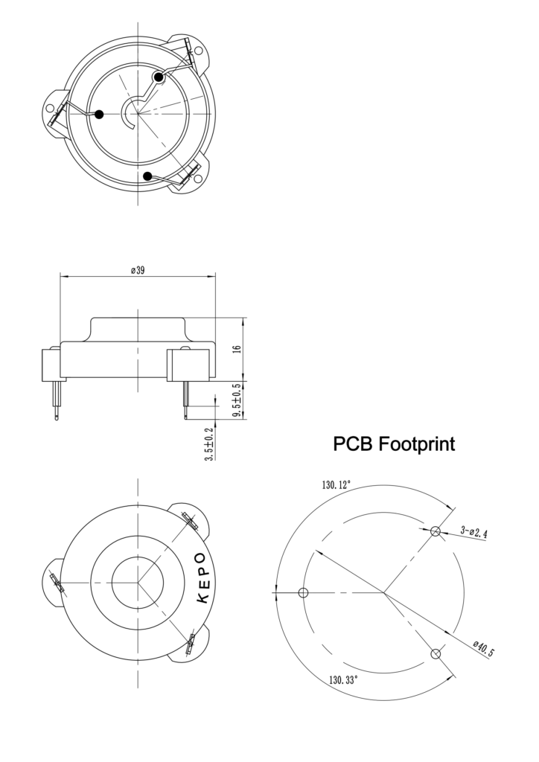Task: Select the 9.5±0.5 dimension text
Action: (x=237, y=400)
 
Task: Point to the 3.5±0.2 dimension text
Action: (x=209, y=444)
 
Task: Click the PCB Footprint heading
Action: (x=394, y=444)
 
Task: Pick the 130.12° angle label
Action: (x=337, y=485)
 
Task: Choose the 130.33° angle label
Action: (x=343, y=679)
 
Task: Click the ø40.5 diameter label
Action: (x=483, y=648)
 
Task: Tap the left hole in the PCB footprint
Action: (x=303, y=593)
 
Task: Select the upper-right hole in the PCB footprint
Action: (x=436, y=531)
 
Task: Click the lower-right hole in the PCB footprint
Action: (x=436, y=653)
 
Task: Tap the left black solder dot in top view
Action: (x=99, y=114)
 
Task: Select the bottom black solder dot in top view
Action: (x=148, y=176)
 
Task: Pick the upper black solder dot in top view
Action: (x=159, y=77)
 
